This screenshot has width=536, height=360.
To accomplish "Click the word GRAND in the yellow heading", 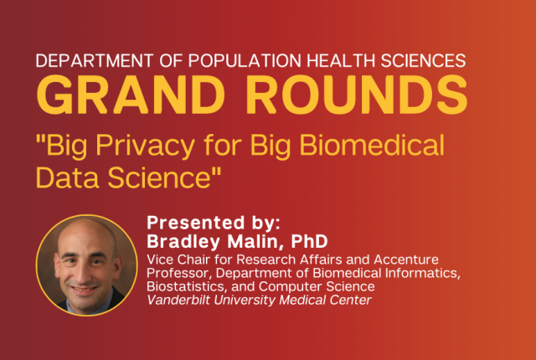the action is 130,95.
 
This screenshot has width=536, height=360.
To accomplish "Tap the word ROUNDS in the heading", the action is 357,95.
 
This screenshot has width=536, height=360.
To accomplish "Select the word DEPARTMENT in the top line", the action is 95,60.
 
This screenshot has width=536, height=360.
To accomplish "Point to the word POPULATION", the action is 245,60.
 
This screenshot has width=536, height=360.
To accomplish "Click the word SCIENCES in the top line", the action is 423,60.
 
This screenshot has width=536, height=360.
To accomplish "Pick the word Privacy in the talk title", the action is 145,146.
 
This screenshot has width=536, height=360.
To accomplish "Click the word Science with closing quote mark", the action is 164,177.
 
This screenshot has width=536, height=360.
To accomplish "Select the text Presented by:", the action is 214,223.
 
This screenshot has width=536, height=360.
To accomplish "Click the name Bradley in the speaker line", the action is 183,242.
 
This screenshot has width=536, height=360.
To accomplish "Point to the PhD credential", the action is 309,241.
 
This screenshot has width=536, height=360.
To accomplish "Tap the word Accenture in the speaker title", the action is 406,260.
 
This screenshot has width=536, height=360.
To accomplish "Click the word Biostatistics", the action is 187,286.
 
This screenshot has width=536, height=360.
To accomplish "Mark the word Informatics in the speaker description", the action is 422,273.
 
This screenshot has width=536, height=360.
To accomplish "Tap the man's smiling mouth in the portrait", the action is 84,290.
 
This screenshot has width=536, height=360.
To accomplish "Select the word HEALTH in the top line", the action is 341,60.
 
